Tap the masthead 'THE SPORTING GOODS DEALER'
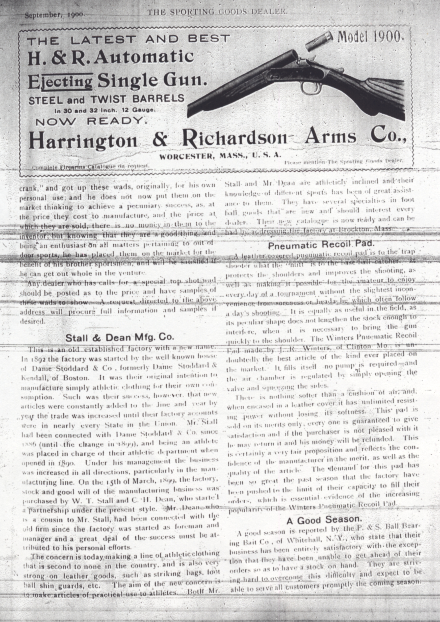[x=217, y=12]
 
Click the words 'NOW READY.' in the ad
[x=92, y=122]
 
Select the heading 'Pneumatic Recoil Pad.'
[x=321, y=245]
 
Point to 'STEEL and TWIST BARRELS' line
[x=106, y=100]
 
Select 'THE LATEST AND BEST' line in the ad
[x=129, y=40]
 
